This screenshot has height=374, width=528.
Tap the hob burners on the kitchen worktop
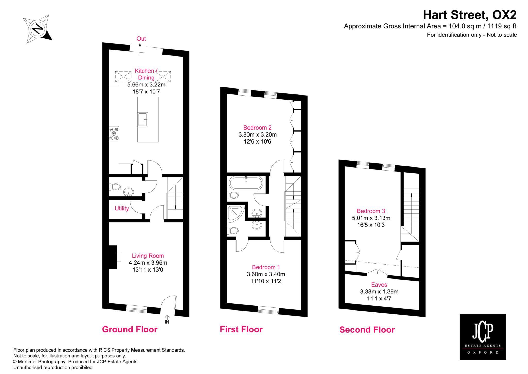point(114,134)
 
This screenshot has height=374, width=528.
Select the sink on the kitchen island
point(143,120)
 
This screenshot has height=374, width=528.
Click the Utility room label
point(122,208)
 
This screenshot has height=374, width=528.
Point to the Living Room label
point(148,256)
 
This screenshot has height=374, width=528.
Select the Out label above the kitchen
point(141,39)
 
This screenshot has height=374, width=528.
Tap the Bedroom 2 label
point(257,128)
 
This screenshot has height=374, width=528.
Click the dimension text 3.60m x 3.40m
point(266,274)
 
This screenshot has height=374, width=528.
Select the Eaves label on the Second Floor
point(379,285)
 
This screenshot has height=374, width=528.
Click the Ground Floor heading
point(130,329)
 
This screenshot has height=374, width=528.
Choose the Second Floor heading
point(367,330)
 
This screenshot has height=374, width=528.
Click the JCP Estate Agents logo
point(482,337)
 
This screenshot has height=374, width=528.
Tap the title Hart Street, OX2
point(470,15)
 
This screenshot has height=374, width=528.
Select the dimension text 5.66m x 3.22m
point(146,85)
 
